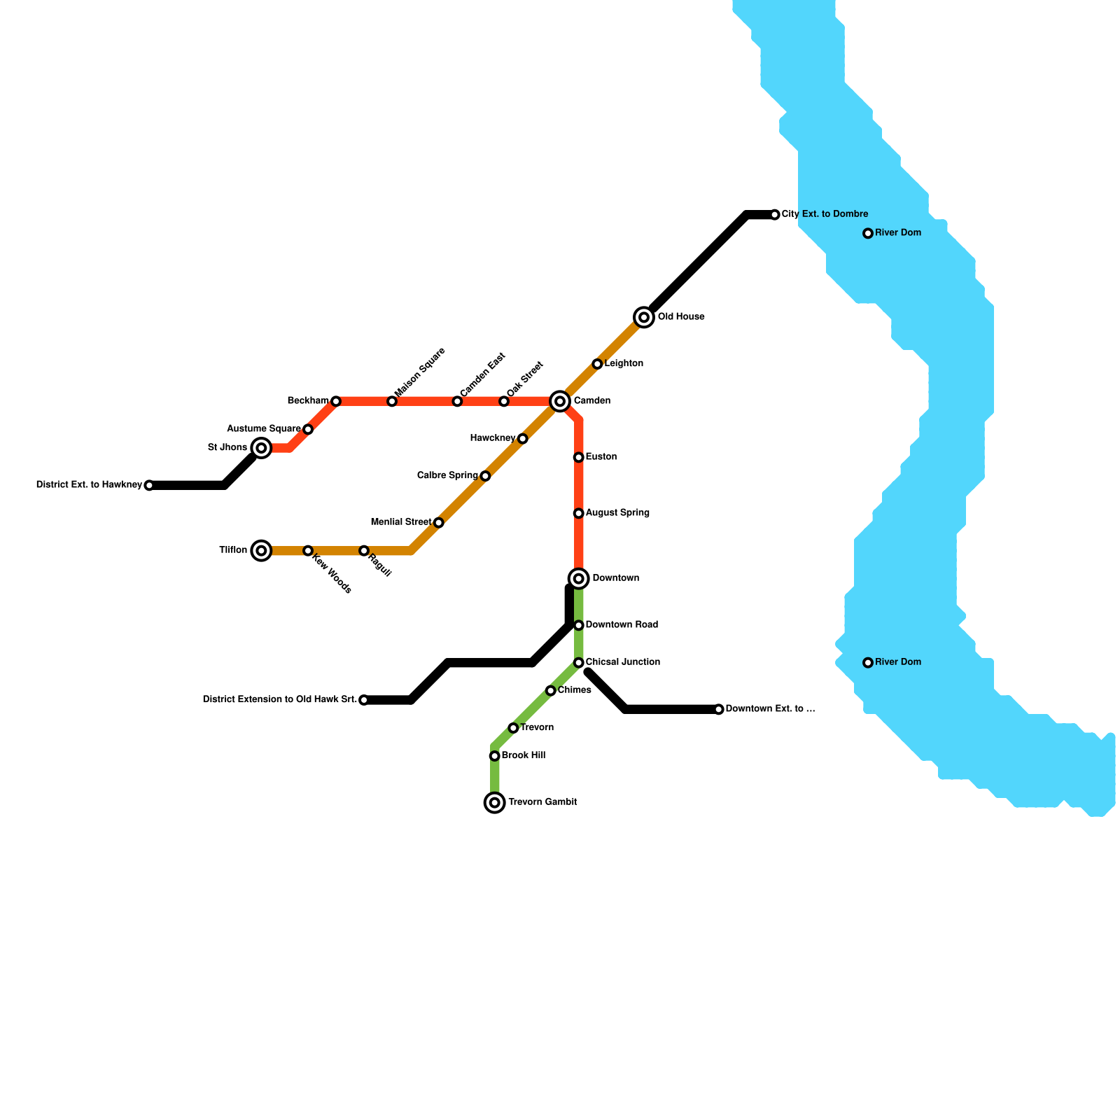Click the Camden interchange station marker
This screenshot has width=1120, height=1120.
pyautogui.click(x=559, y=401)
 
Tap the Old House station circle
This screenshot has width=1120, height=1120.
pyautogui.click(x=644, y=317)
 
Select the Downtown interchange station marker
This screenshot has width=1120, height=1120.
pyautogui.click(x=578, y=578)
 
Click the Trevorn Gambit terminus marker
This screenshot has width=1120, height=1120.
pyautogui.click(x=495, y=802)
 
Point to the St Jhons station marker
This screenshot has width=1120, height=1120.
pyautogui.click(x=261, y=447)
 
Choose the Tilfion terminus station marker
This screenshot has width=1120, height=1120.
pyautogui.click(x=261, y=551)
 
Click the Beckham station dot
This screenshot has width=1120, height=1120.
pyautogui.click(x=336, y=401)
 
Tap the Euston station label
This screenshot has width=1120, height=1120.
pyautogui.click(x=601, y=457)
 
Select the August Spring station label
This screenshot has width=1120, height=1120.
pyautogui.click(x=617, y=513)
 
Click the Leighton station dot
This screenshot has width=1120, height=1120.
pyautogui.click(x=597, y=364)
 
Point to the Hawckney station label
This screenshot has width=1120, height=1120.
pyautogui.click(x=493, y=438)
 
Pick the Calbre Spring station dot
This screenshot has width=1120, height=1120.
pyautogui.click(x=485, y=476)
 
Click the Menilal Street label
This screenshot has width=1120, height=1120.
pyautogui.click(x=401, y=522)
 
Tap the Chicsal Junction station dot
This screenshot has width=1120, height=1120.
pyautogui.click(x=578, y=662)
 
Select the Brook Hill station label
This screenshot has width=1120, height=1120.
pyautogui.click(x=524, y=756)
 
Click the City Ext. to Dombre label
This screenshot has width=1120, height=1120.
pyautogui.click(x=825, y=214)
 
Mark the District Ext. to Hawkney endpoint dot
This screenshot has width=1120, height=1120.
pyautogui.click(x=149, y=485)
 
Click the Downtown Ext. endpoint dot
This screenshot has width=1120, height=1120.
pyautogui.click(x=719, y=709)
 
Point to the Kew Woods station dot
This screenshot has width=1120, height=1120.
pyautogui.click(x=308, y=551)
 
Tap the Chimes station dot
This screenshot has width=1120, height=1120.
pyautogui.click(x=551, y=691)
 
